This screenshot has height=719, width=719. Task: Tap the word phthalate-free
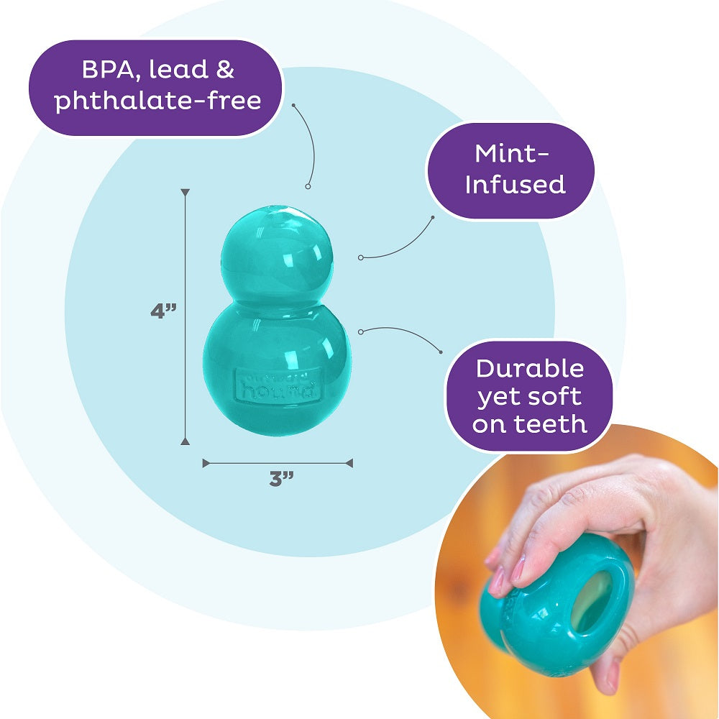(x=158, y=101)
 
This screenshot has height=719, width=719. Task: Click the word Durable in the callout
(x=531, y=369)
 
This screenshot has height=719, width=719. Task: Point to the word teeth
(x=549, y=423)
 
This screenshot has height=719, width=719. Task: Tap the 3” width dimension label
(x=278, y=479)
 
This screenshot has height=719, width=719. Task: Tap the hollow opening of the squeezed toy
(x=592, y=601)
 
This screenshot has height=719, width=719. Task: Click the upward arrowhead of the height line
(x=186, y=193)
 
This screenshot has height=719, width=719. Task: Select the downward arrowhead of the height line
(x=186, y=441)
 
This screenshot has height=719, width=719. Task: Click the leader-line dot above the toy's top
(x=308, y=186)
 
